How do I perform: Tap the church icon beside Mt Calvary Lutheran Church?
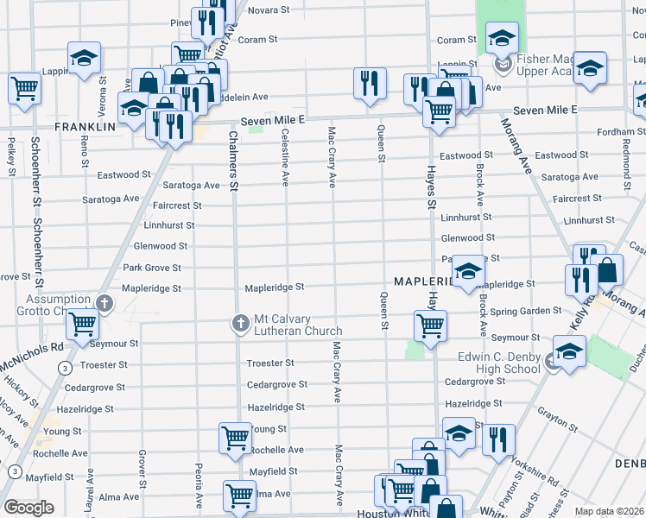241,324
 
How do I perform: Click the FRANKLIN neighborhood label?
85,127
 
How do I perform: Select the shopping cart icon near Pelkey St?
24,87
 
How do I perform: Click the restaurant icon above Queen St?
370,84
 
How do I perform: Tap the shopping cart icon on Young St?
235,437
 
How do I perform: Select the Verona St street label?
102,92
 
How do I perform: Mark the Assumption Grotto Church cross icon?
104,303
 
